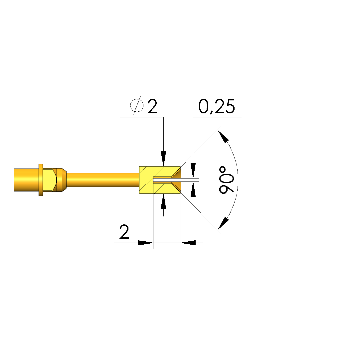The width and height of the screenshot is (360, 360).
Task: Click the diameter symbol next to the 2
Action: (137, 106)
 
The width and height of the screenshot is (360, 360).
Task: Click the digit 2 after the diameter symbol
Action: (152, 106)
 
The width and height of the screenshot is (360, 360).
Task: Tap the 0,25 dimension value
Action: (217, 106)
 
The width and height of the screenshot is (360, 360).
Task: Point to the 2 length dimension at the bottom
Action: (124, 232)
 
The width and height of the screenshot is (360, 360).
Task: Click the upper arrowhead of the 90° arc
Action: (223, 137)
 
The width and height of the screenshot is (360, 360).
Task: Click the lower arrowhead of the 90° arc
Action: (223, 223)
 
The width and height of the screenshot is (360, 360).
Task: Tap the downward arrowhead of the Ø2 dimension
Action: (163, 159)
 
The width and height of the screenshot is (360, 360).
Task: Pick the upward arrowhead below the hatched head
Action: (163, 201)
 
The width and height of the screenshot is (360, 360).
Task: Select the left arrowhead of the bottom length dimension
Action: (145, 243)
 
